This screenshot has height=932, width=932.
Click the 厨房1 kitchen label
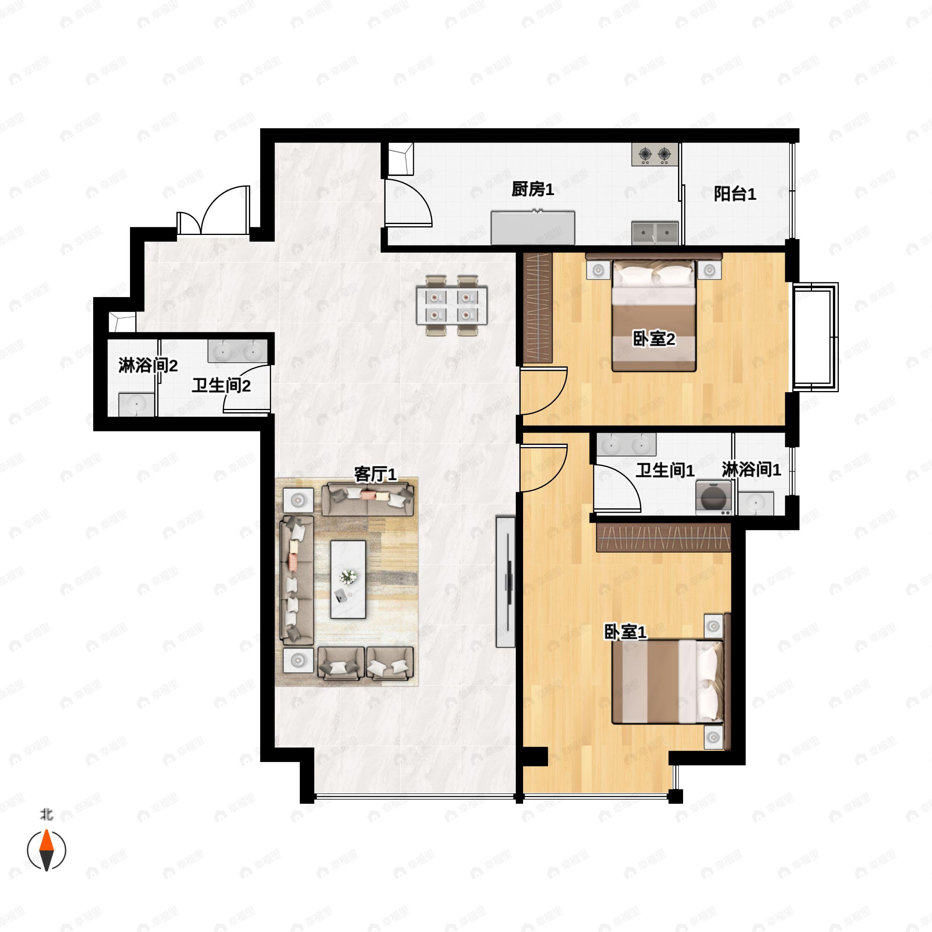pyautogui.click(x=532, y=190)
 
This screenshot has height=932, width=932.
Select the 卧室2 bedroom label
pyautogui.click(x=654, y=339)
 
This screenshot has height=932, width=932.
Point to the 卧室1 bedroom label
pyautogui.click(x=625, y=632)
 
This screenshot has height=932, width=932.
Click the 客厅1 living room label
pyautogui.click(x=375, y=474)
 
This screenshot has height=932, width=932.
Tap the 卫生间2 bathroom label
pyautogui.click(x=221, y=386)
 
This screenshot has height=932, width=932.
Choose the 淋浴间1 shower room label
pyautogui.click(x=751, y=469)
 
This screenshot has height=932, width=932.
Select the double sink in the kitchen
pyautogui.click(x=655, y=233)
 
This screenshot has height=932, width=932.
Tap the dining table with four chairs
pyautogui.click(x=452, y=305)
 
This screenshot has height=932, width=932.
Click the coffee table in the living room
pyautogui.click(x=348, y=579)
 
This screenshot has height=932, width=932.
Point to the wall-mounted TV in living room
pyautogui.click(x=506, y=581)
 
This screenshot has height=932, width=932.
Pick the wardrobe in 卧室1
pyautogui.click(x=663, y=537)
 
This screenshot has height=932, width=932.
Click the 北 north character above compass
pyautogui.click(x=46, y=815)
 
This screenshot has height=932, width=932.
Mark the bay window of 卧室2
pyautogui.click(x=815, y=337)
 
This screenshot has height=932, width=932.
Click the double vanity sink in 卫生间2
pyautogui.click(x=237, y=351)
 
